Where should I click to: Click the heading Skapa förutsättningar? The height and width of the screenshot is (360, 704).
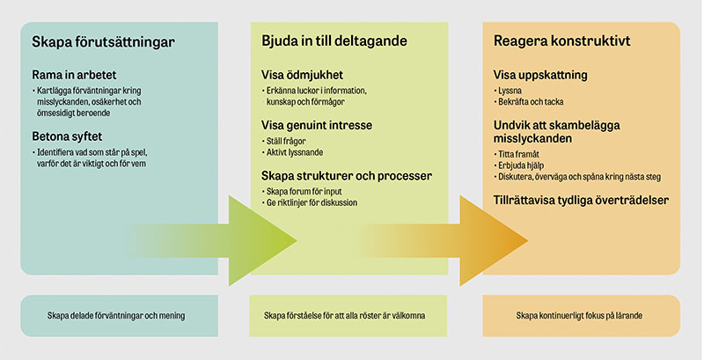(103, 42)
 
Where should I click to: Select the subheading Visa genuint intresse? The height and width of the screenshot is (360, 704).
(319, 124)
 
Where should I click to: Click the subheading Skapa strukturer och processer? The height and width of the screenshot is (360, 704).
(347, 175)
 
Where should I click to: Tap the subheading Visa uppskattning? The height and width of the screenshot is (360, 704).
(539, 76)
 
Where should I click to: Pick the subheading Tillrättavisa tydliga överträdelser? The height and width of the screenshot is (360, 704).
(580, 201)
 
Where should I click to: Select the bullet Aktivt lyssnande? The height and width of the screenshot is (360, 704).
(294, 152)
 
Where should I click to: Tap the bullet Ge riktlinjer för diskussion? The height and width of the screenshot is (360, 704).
(311, 203)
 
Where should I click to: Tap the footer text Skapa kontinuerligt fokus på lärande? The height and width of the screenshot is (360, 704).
(581, 315)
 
